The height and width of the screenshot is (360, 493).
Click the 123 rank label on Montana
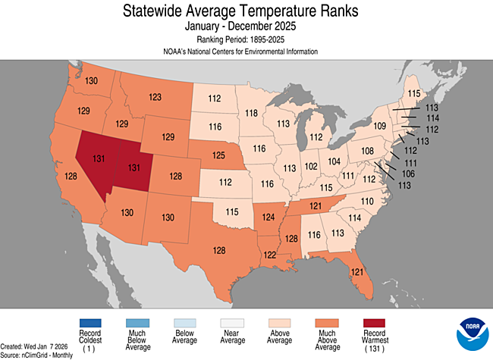155,97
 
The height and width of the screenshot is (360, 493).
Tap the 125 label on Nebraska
219,155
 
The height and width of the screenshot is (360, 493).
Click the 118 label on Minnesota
251,113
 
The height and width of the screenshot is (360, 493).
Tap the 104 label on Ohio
334,161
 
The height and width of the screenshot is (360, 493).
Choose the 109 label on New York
380,125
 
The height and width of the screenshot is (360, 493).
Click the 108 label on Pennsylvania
368,151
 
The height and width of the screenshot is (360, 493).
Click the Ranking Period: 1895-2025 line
246,39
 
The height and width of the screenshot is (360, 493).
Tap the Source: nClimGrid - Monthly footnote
38,355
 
